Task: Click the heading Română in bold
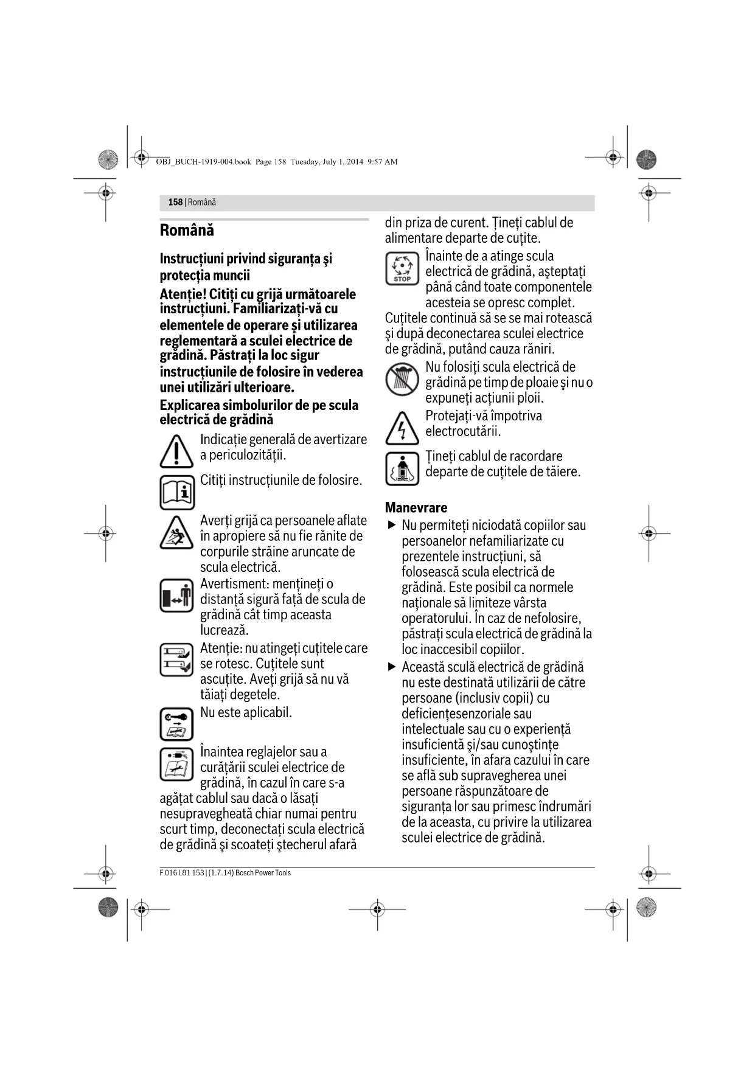pyautogui.click(x=187, y=231)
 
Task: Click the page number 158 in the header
pyautogui.click(x=175, y=202)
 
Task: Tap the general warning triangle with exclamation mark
pyautogui.click(x=176, y=451)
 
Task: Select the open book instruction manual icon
pyautogui.click(x=177, y=492)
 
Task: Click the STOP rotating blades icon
pyautogui.click(x=402, y=269)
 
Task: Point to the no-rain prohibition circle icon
pyautogui.click(x=402, y=378)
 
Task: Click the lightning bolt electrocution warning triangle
pyautogui.click(x=402, y=429)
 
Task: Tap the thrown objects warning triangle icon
pyautogui.click(x=176, y=532)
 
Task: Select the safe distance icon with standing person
pyautogui.click(x=176, y=596)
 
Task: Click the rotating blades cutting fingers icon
pyautogui.click(x=176, y=659)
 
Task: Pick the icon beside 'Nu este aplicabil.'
pyautogui.click(x=176, y=724)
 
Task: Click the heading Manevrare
pyautogui.click(x=416, y=507)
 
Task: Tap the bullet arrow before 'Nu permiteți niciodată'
pyautogui.click(x=392, y=524)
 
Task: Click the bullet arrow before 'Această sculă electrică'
pyautogui.click(x=392, y=667)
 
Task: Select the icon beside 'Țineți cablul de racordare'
pyautogui.click(x=402, y=468)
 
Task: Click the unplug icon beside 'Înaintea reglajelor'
pyautogui.click(x=176, y=764)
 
